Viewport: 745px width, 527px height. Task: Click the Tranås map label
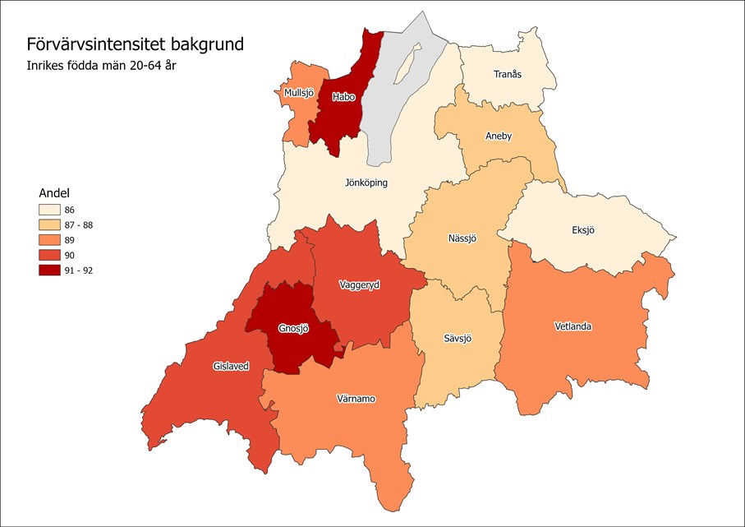click(507, 74)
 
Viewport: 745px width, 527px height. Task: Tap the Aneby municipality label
click(499, 136)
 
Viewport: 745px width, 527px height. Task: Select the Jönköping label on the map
click(366, 183)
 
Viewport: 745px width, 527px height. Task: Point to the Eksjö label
click(582, 230)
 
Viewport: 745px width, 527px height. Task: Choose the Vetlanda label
click(573, 326)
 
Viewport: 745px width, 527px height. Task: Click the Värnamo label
click(356, 399)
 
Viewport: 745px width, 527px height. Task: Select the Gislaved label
click(231, 366)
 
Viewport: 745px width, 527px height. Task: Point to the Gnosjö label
click(293, 328)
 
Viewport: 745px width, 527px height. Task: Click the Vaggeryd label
click(360, 284)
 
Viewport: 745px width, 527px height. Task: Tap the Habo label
click(343, 97)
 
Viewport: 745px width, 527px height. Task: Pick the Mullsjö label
click(299, 93)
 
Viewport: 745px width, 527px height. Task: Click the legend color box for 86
click(54, 210)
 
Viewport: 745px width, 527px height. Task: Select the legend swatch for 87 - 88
click(54, 225)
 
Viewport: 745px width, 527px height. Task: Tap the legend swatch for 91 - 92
click(54, 270)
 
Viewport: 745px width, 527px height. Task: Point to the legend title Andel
click(55, 192)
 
